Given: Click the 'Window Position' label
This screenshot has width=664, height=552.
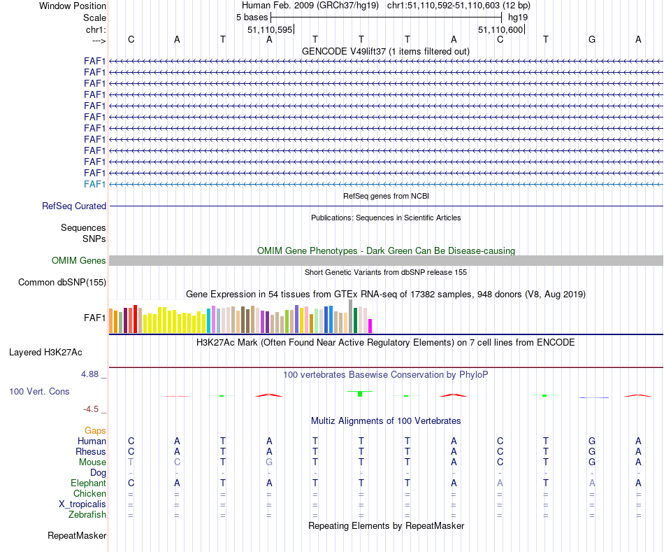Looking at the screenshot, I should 73,6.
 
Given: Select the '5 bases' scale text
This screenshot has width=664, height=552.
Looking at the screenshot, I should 252,17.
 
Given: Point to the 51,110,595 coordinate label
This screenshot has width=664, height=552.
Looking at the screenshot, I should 270,29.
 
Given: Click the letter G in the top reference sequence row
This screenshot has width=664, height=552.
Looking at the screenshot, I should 592,39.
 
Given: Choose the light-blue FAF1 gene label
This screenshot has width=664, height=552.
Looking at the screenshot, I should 94,184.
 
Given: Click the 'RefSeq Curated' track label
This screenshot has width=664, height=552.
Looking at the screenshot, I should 74,206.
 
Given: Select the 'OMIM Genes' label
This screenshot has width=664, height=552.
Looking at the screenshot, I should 79,261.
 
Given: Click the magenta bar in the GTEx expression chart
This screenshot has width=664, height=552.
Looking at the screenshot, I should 370,326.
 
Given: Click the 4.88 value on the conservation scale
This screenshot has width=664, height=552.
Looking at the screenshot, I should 92,374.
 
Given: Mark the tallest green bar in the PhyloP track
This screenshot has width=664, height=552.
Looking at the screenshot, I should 360,394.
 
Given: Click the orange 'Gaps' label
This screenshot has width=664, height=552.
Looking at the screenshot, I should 95,430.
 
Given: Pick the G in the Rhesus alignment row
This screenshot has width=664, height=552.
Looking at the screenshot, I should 592,451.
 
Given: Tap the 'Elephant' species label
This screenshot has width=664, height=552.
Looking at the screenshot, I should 88,483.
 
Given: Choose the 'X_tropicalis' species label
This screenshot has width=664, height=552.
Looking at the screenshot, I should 82,504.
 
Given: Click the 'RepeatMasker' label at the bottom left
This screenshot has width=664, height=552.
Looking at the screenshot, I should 77,536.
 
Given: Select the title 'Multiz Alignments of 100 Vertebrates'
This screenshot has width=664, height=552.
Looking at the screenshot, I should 386,420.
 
